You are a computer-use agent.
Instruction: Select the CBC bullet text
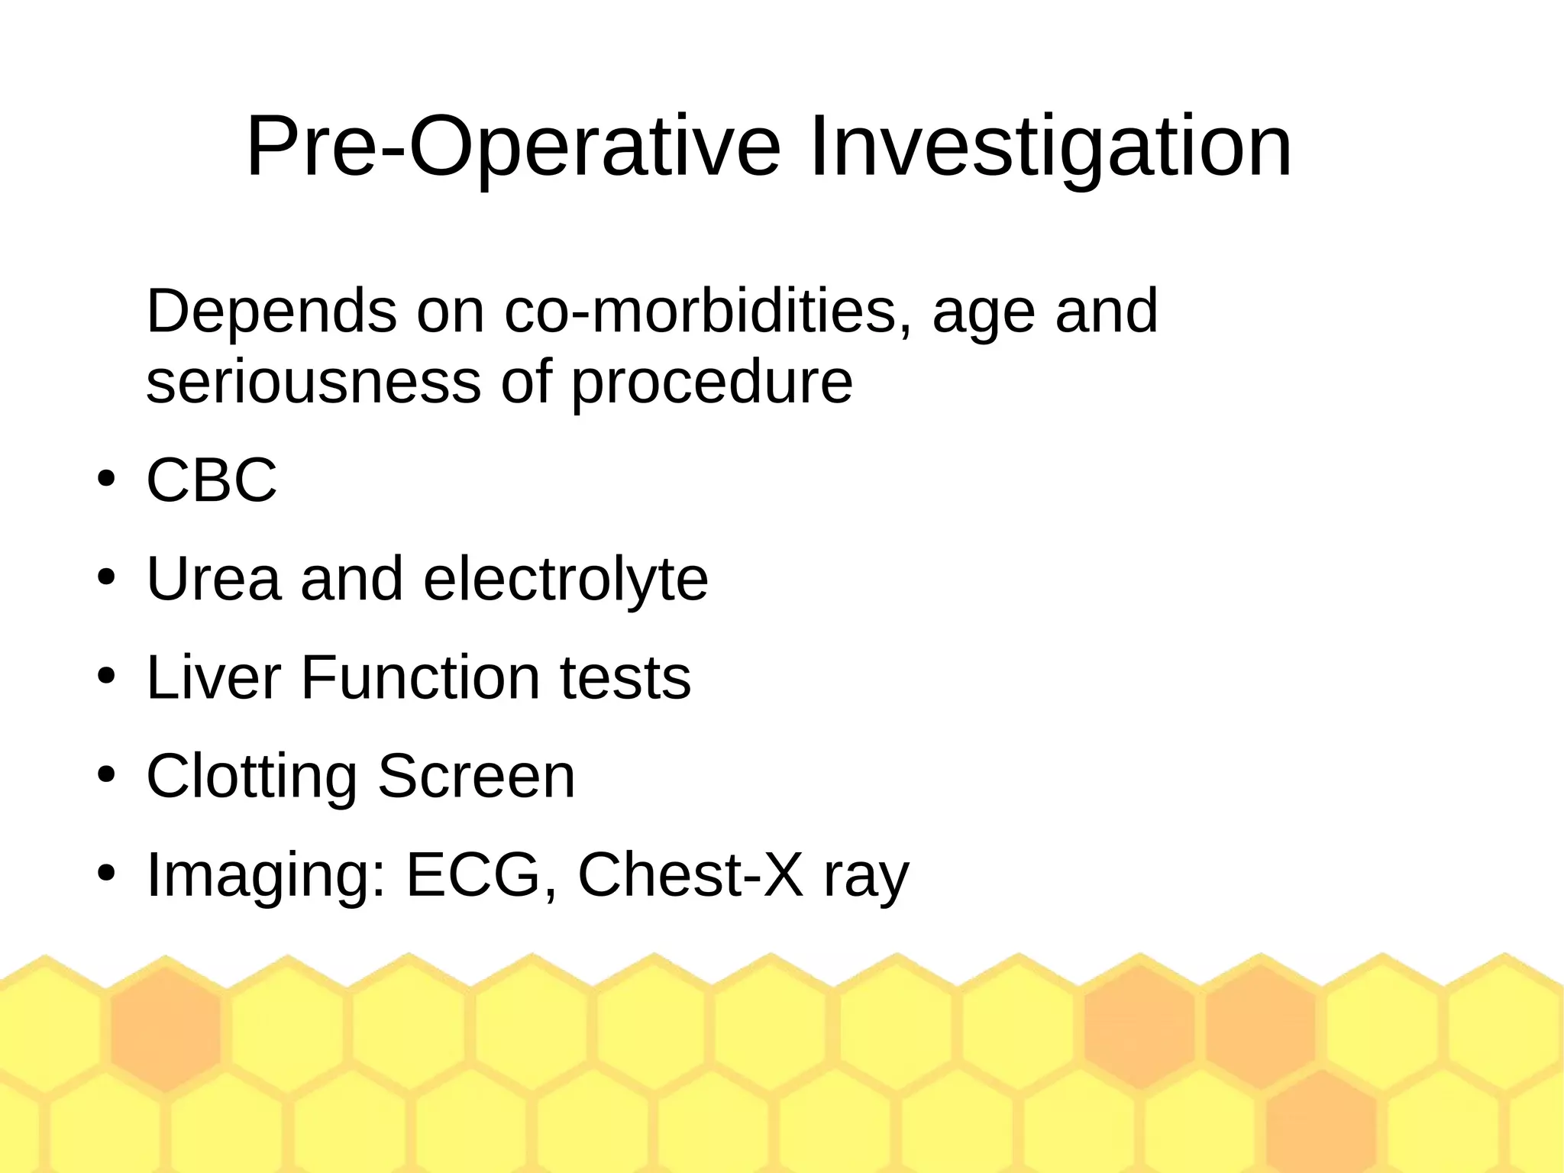click(212, 480)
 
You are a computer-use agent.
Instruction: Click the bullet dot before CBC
click(105, 480)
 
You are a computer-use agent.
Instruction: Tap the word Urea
click(213, 579)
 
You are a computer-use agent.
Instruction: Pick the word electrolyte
click(565, 579)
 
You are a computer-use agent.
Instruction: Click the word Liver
click(213, 677)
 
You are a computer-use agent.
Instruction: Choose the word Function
click(421, 677)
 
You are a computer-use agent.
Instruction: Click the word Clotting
click(251, 776)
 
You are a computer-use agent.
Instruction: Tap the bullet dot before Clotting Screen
click(105, 776)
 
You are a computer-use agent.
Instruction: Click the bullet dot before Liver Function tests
click(105, 677)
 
